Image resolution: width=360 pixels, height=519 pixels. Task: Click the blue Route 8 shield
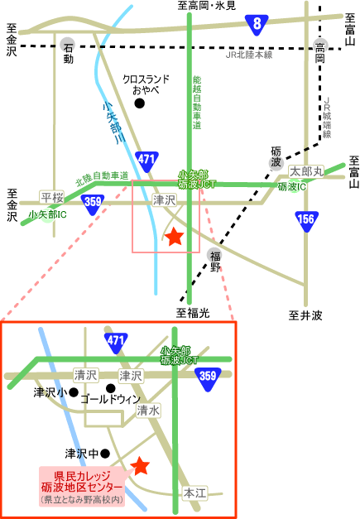pyautogui.click(x=257, y=25)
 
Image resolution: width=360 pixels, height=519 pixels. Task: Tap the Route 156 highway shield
pyautogui.click(x=307, y=221)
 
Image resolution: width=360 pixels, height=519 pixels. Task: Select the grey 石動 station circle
pyautogui.click(x=68, y=45)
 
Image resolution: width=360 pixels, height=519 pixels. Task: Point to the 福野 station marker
pyautogui.click(x=214, y=255)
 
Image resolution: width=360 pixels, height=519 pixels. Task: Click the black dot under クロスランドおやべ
pyautogui.click(x=139, y=103)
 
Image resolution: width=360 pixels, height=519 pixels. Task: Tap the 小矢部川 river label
pyautogui.click(x=114, y=122)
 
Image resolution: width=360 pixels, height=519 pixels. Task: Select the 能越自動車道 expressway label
pyautogui.click(x=197, y=103)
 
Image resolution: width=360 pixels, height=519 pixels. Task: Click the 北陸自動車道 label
pyautogui.click(x=102, y=178)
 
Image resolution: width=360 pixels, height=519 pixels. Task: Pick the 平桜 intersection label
pyautogui.click(x=52, y=197)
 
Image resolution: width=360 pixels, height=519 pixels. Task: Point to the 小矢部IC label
pyautogui.click(x=47, y=214)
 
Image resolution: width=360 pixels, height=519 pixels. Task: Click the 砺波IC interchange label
pyautogui.click(x=292, y=187)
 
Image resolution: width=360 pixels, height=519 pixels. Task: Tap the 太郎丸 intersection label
pyautogui.click(x=306, y=172)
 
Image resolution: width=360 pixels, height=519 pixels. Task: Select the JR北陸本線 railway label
pyautogui.click(x=249, y=55)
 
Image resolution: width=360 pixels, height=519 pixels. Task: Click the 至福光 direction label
pyautogui.click(x=193, y=312)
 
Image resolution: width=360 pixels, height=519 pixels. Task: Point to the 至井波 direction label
pyautogui.click(x=305, y=315)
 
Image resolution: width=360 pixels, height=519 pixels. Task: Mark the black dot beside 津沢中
pyautogui.click(x=105, y=453)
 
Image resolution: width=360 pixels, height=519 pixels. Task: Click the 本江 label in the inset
pyautogui.click(x=194, y=493)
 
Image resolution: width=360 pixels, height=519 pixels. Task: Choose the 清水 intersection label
pyautogui.click(x=148, y=411)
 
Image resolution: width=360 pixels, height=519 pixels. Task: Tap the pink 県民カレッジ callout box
pyautogui.click(x=82, y=486)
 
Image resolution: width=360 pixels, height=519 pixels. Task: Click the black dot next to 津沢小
pyautogui.click(x=74, y=392)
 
